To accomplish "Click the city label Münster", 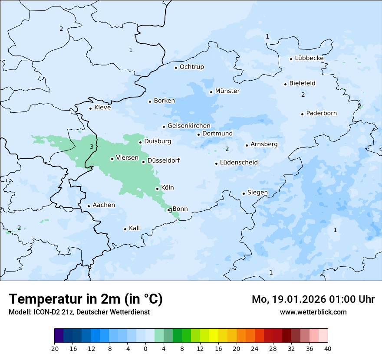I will coord(227,91).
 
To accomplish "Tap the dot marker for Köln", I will coord(157,189).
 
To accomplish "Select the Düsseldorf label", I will coord(164,161).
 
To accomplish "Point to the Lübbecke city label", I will coord(309,58).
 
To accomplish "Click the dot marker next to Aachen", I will coord(89,206).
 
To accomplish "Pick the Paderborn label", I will coord(321,113).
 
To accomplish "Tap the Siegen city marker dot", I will coord(244,194).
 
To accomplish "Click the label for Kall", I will coord(134,228).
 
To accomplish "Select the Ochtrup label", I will coord(191,67).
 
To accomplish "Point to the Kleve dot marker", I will coord(90,108).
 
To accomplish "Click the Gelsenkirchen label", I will coord(189,126).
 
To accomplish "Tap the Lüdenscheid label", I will coord(239,163).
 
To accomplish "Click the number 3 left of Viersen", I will coord(92,147).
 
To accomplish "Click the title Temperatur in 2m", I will coord(86,299).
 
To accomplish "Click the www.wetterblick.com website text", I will coord(313,312).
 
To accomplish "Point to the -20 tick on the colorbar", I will coord(54,349).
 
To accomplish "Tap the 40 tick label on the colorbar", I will coord(328,349).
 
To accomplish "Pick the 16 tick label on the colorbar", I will coord(218,349).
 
